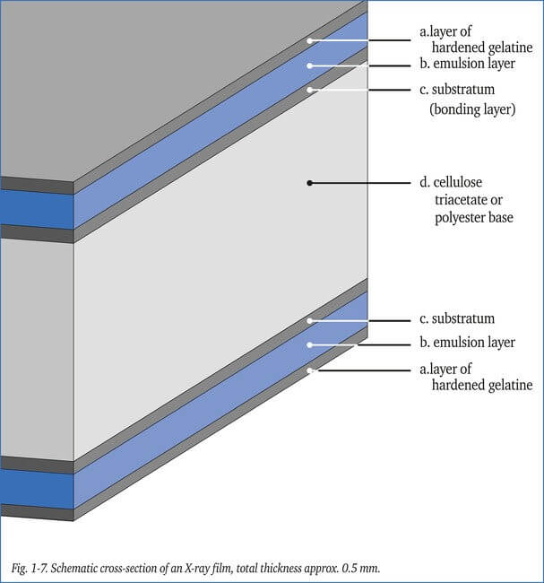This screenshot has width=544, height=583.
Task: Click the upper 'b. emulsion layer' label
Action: click(x=467, y=64)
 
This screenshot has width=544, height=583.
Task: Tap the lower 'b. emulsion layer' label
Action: click(x=467, y=343)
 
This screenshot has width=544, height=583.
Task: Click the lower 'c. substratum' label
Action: click(x=457, y=318)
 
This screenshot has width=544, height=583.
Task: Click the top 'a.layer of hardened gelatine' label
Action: click(x=475, y=40)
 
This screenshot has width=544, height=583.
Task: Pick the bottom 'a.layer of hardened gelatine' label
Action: click(x=475, y=377)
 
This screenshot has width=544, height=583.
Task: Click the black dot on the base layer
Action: click(x=310, y=182)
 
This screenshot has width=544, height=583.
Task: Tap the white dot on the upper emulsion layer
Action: click(x=310, y=65)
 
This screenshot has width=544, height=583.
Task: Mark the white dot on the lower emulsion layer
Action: click(x=310, y=344)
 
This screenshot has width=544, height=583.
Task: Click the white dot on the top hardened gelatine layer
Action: click(x=310, y=40)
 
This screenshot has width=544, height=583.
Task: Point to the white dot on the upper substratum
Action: click(x=310, y=90)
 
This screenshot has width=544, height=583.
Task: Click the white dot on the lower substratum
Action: click(x=310, y=320)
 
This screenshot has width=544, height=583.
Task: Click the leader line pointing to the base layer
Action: click(x=358, y=182)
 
